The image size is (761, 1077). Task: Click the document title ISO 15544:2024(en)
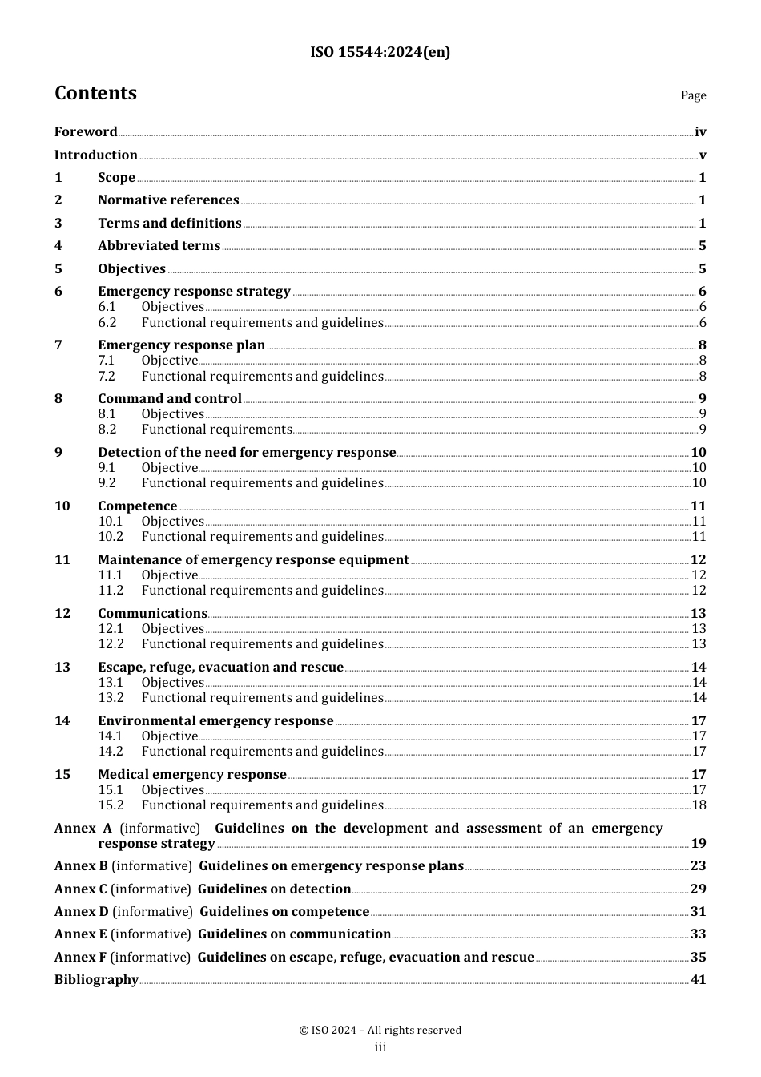pyautogui.click(x=380, y=52)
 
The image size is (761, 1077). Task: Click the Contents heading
pyautogui.click(x=95, y=93)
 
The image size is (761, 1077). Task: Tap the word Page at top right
pyautogui.click(x=693, y=95)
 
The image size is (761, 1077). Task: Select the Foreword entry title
pyautogui.click(x=86, y=132)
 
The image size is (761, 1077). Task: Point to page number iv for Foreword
pyautogui.click(x=700, y=132)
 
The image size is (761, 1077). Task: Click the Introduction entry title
pyautogui.click(x=96, y=155)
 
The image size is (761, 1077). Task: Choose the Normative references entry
pyautogui.click(x=168, y=200)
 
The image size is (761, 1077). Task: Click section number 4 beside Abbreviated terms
pyautogui.click(x=58, y=246)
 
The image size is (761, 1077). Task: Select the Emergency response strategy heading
pyautogui.click(x=194, y=292)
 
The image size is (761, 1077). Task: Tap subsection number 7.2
pyautogui.click(x=107, y=377)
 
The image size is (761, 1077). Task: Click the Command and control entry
pyautogui.click(x=170, y=399)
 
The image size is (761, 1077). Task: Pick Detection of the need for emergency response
pyautogui.click(x=247, y=453)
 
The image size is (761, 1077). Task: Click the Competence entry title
pyautogui.click(x=138, y=506)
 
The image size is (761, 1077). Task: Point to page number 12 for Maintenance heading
pyautogui.click(x=698, y=560)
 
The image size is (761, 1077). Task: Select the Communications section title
pyautogui.click(x=152, y=614)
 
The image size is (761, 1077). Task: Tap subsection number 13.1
pyautogui.click(x=111, y=683)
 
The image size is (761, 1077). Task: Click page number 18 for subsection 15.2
pyautogui.click(x=699, y=805)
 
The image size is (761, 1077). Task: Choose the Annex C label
pyautogui.click(x=80, y=889)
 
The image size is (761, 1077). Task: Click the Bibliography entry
pyautogui.click(x=96, y=980)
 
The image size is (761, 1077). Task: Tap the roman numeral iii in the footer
pyautogui.click(x=380, y=1047)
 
